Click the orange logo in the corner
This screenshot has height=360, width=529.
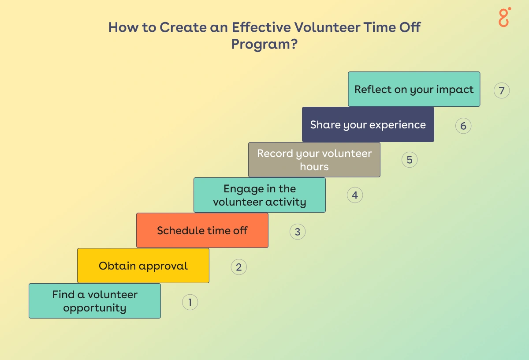tap(504, 17)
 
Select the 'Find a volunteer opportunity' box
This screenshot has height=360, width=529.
tap(95, 301)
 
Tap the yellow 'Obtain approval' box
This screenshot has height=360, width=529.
tap(143, 266)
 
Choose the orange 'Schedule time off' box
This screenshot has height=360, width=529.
tap(202, 230)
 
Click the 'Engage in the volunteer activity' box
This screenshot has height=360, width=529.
tap(260, 195)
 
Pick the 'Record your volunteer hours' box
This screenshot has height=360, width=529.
tap(314, 160)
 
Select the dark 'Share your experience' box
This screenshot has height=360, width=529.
tap(368, 124)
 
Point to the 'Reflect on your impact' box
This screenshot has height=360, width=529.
tap(414, 89)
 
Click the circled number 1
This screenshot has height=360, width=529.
tap(190, 302)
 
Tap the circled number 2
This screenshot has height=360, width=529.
tap(239, 267)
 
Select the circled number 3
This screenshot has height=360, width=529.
tap(298, 232)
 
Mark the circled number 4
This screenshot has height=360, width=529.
tap(355, 195)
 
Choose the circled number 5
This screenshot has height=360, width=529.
tap(410, 160)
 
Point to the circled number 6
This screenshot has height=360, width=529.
tap(463, 126)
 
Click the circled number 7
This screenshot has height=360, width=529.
tap(502, 90)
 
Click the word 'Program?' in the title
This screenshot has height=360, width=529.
tap(264, 45)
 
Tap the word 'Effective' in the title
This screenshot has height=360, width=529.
tap(261, 27)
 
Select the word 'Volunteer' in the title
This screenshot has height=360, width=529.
tap(327, 27)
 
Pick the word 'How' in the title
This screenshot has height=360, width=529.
tap(123, 27)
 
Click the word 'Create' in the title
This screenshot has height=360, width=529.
tap(183, 27)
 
